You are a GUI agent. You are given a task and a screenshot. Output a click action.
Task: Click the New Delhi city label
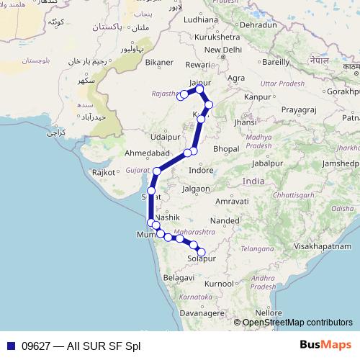coord(222,50)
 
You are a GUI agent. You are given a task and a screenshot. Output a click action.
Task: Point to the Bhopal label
coord(225,148)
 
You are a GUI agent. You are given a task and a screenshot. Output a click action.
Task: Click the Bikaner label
coord(159,62)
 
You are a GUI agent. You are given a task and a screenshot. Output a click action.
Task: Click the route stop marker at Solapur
coord(201,252)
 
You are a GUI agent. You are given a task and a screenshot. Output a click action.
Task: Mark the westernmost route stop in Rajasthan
coord(184,94)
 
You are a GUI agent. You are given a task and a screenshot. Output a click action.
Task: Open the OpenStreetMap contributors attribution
coord(297,322)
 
